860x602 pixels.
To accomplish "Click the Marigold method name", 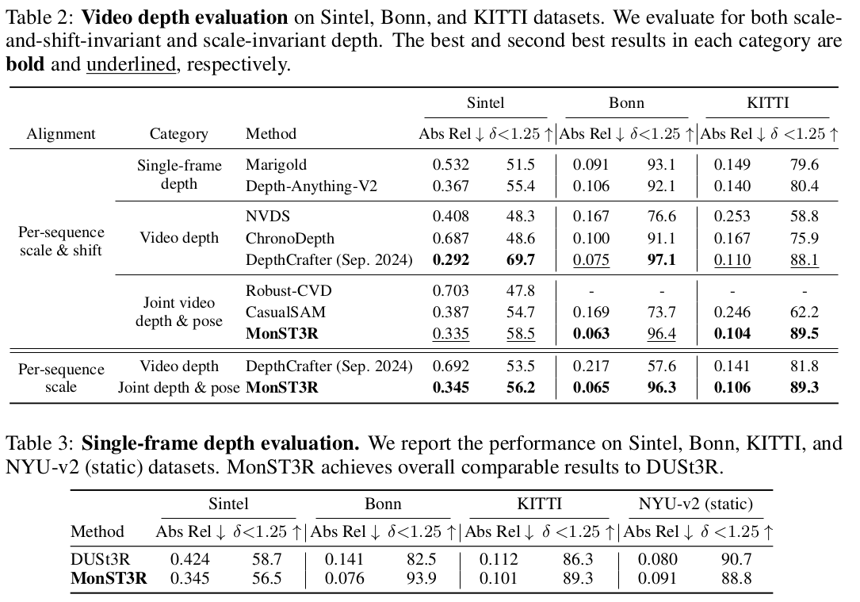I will tap(276, 165).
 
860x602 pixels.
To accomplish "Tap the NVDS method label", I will tap(268, 216).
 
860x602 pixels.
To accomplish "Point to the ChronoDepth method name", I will tap(290, 238).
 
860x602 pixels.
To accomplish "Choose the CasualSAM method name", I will tap(285, 313).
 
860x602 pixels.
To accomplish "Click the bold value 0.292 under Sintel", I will tap(450, 259).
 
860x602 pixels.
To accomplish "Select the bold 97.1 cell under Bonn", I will tap(661, 259).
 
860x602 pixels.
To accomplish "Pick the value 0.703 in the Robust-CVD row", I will tap(450, 290).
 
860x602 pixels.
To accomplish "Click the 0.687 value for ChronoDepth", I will tap(450, 238).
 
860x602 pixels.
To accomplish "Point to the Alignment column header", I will tap(61, 134).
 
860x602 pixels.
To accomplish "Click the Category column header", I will tap(178, 134).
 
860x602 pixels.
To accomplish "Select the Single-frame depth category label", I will tap(179, 174).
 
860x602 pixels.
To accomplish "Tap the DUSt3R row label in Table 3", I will tap(100, 559).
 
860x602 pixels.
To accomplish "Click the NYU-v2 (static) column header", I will tap(696, 504).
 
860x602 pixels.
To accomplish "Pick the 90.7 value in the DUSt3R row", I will tap(736, 559).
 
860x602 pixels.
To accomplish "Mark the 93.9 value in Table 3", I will tap(421, 577).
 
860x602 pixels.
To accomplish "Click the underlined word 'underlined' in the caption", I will tap(131, 64).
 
